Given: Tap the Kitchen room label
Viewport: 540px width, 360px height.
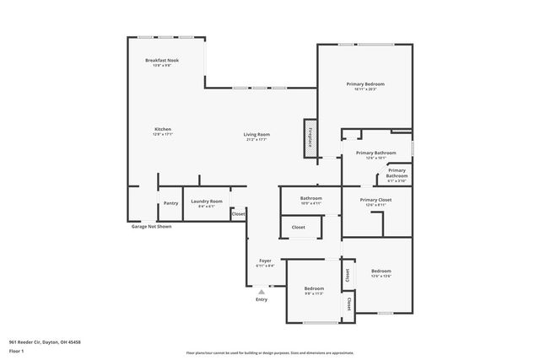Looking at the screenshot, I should click(163, 132).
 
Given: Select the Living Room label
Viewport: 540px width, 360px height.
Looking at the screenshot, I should click(256, 137).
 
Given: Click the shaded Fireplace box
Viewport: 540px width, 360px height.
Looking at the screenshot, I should click(310, 137).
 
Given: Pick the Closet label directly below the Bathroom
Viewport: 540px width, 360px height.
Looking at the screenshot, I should click(299, 227).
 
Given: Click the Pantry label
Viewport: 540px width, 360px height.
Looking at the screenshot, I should click(170, 202).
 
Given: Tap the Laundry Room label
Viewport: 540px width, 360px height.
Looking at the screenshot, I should click(206, 202).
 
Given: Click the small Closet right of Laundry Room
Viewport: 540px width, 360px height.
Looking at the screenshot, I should click(239, 214).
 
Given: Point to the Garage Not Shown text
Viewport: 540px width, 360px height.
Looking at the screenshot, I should click(151, 227).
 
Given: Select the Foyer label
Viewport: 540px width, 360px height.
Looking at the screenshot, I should click(265, 262).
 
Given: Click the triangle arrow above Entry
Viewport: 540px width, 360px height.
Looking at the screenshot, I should click(262, 291).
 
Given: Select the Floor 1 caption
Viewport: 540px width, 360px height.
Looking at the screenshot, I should click(17, 351).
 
